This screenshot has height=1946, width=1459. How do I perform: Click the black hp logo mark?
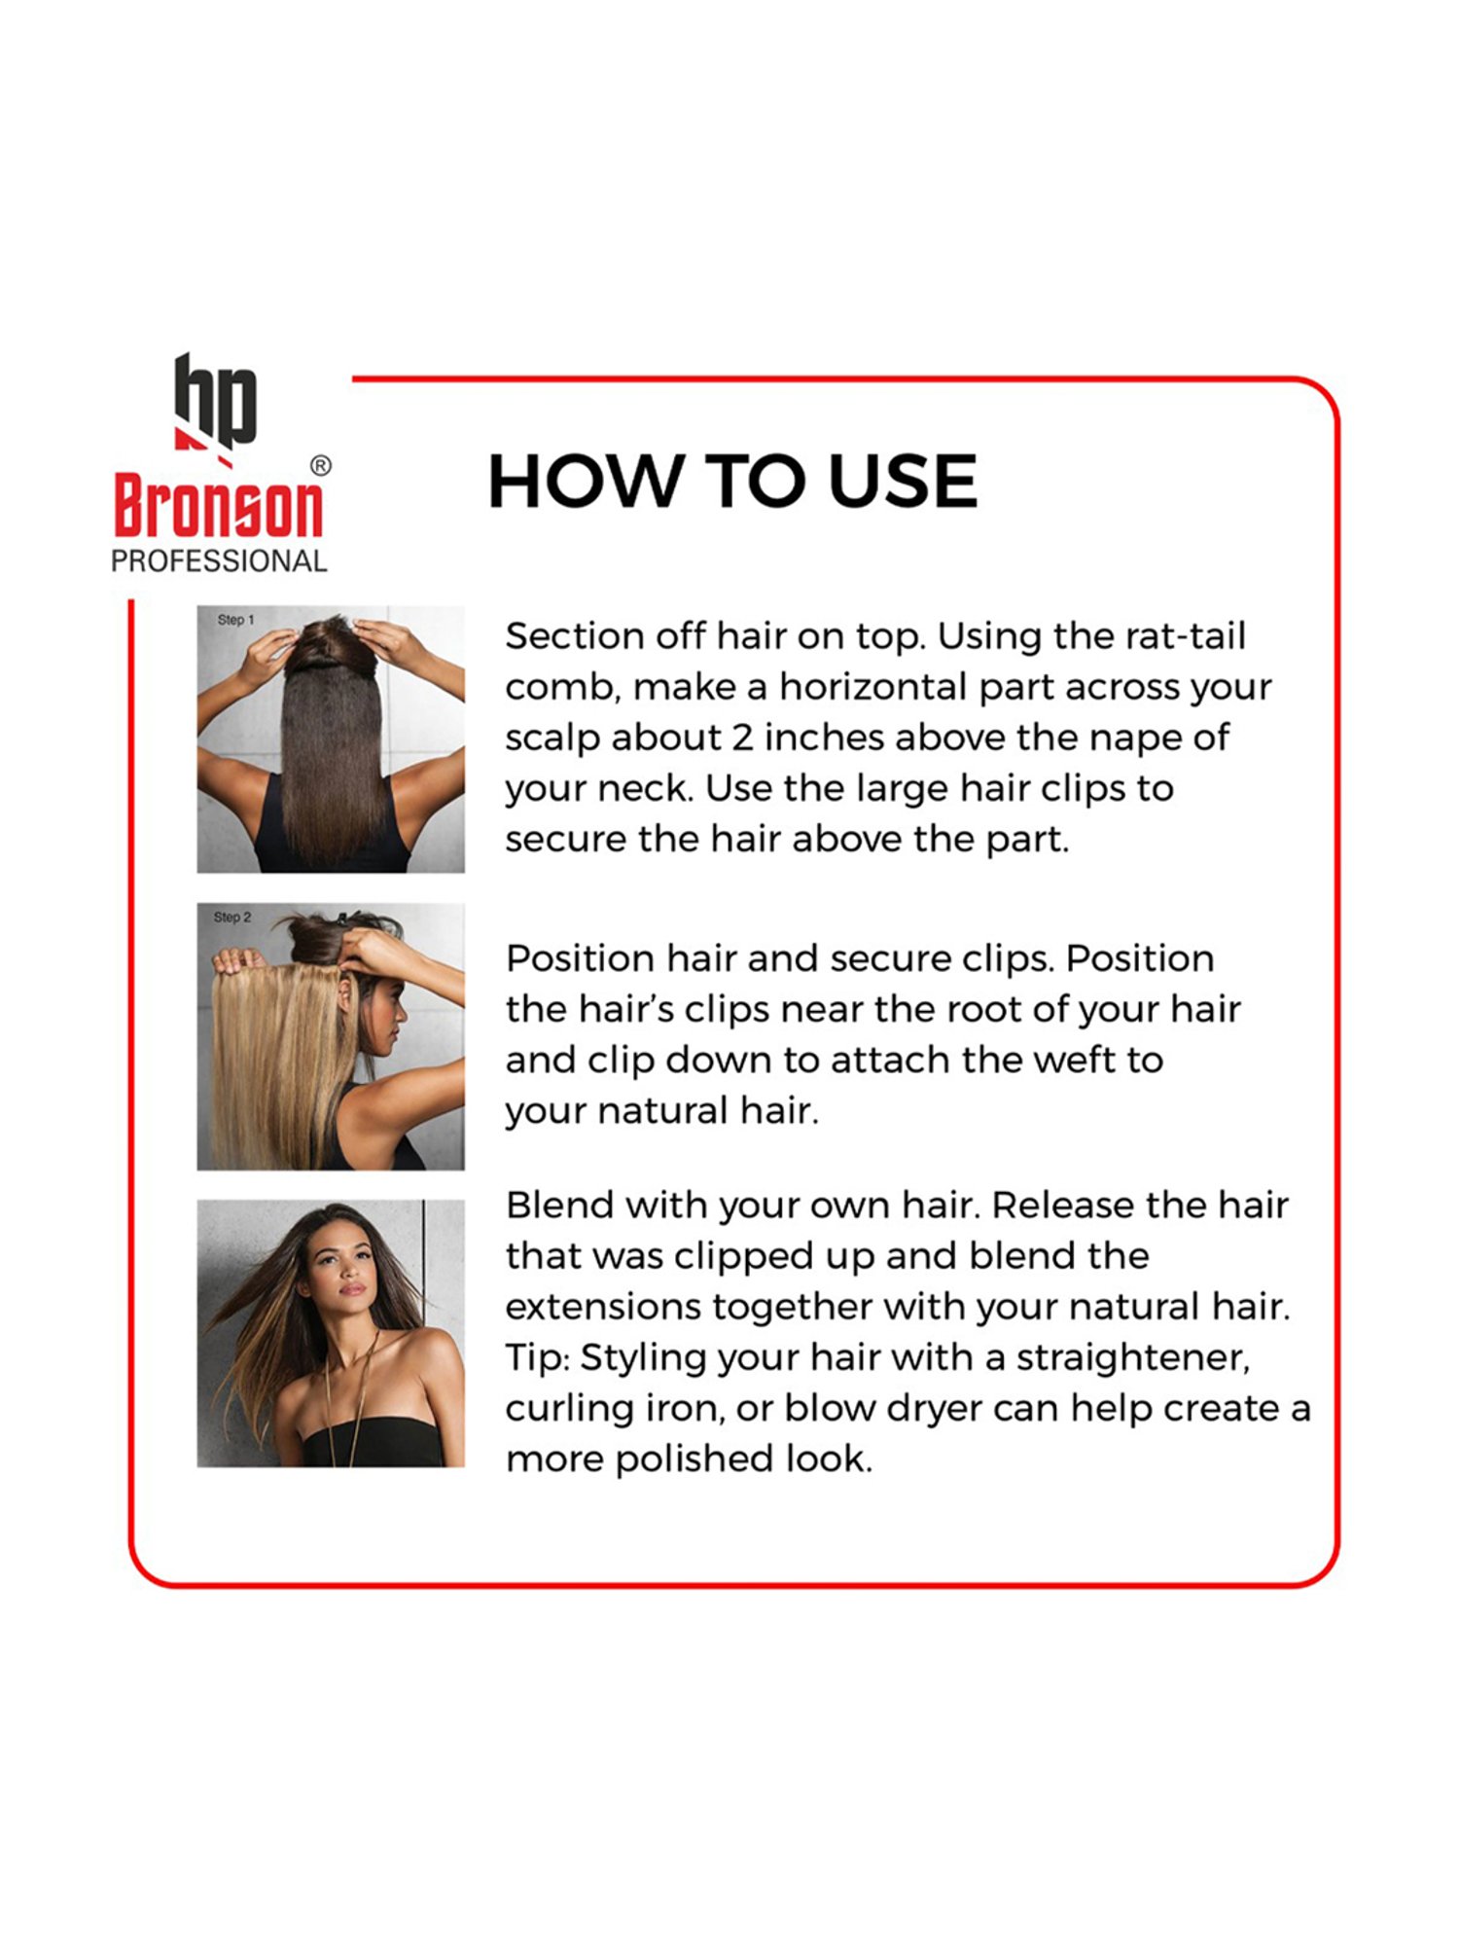coord(215,400)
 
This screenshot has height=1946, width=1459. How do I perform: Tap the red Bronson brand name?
coord(218,506)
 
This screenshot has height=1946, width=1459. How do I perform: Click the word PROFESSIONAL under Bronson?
coord(219,561)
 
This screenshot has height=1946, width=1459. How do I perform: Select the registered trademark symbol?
coord(320,466)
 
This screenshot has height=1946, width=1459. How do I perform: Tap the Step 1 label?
coord(235,620)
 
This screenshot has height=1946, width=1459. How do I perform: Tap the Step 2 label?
coord(232,918)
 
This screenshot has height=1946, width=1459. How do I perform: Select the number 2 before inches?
coord(742,738)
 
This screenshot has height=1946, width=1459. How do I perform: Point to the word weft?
coord(1072,1060)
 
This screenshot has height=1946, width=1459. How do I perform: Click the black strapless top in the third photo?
coord(374,1440)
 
